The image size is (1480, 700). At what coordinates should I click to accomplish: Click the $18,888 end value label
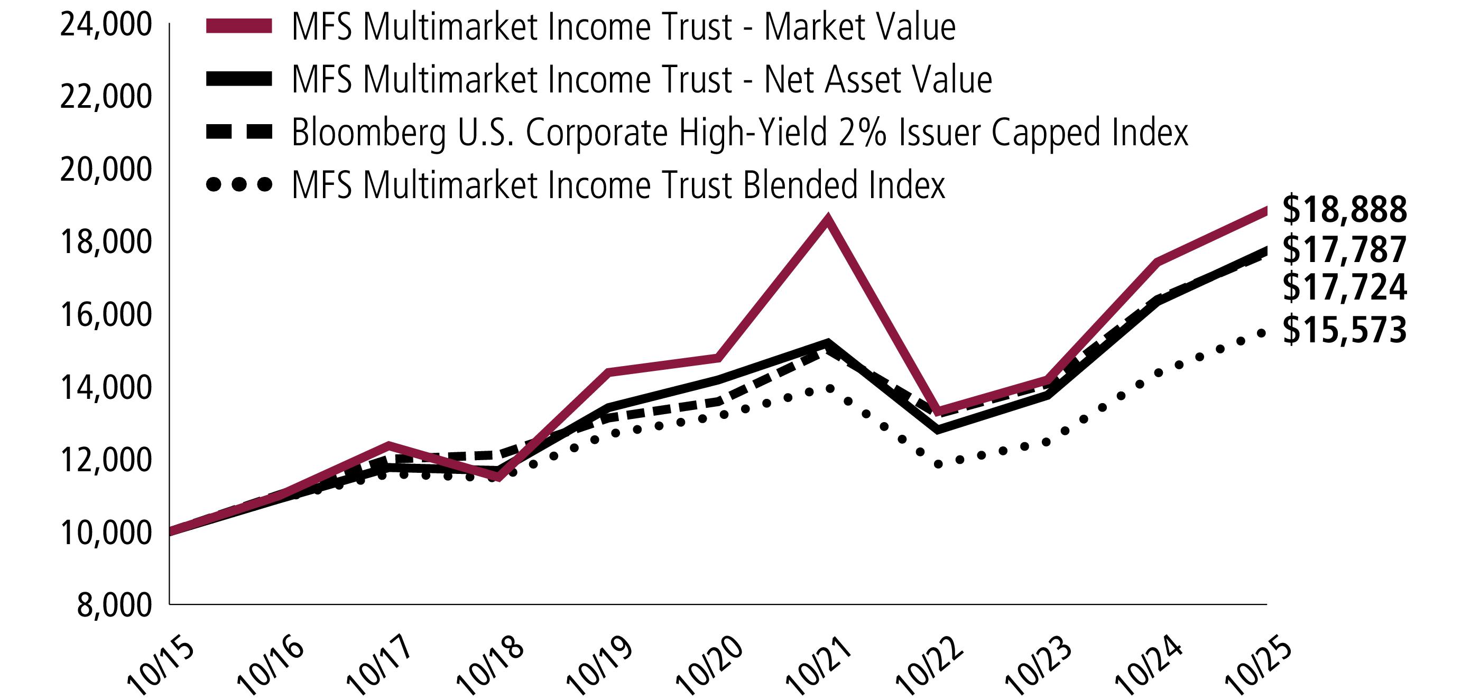[x=1344, y=210]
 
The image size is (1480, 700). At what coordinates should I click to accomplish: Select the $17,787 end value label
[x=1344, y=249]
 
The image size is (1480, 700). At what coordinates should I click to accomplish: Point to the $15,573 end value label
[x=1344, y=330]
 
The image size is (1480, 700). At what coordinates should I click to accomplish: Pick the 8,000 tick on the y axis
[x=114, y=605]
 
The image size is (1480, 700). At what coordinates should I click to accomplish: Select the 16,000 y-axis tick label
[x=106, y=315]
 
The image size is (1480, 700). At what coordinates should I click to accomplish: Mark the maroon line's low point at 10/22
[x=938, y=411]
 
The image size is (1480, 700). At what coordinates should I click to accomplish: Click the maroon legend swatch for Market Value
[x=239, y=26]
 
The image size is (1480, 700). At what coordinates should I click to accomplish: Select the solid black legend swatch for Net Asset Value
[x=239, y=79]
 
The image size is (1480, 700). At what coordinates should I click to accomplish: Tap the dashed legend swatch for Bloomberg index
[x=239, y=132]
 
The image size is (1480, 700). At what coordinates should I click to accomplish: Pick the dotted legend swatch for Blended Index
[x=239, y=185]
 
